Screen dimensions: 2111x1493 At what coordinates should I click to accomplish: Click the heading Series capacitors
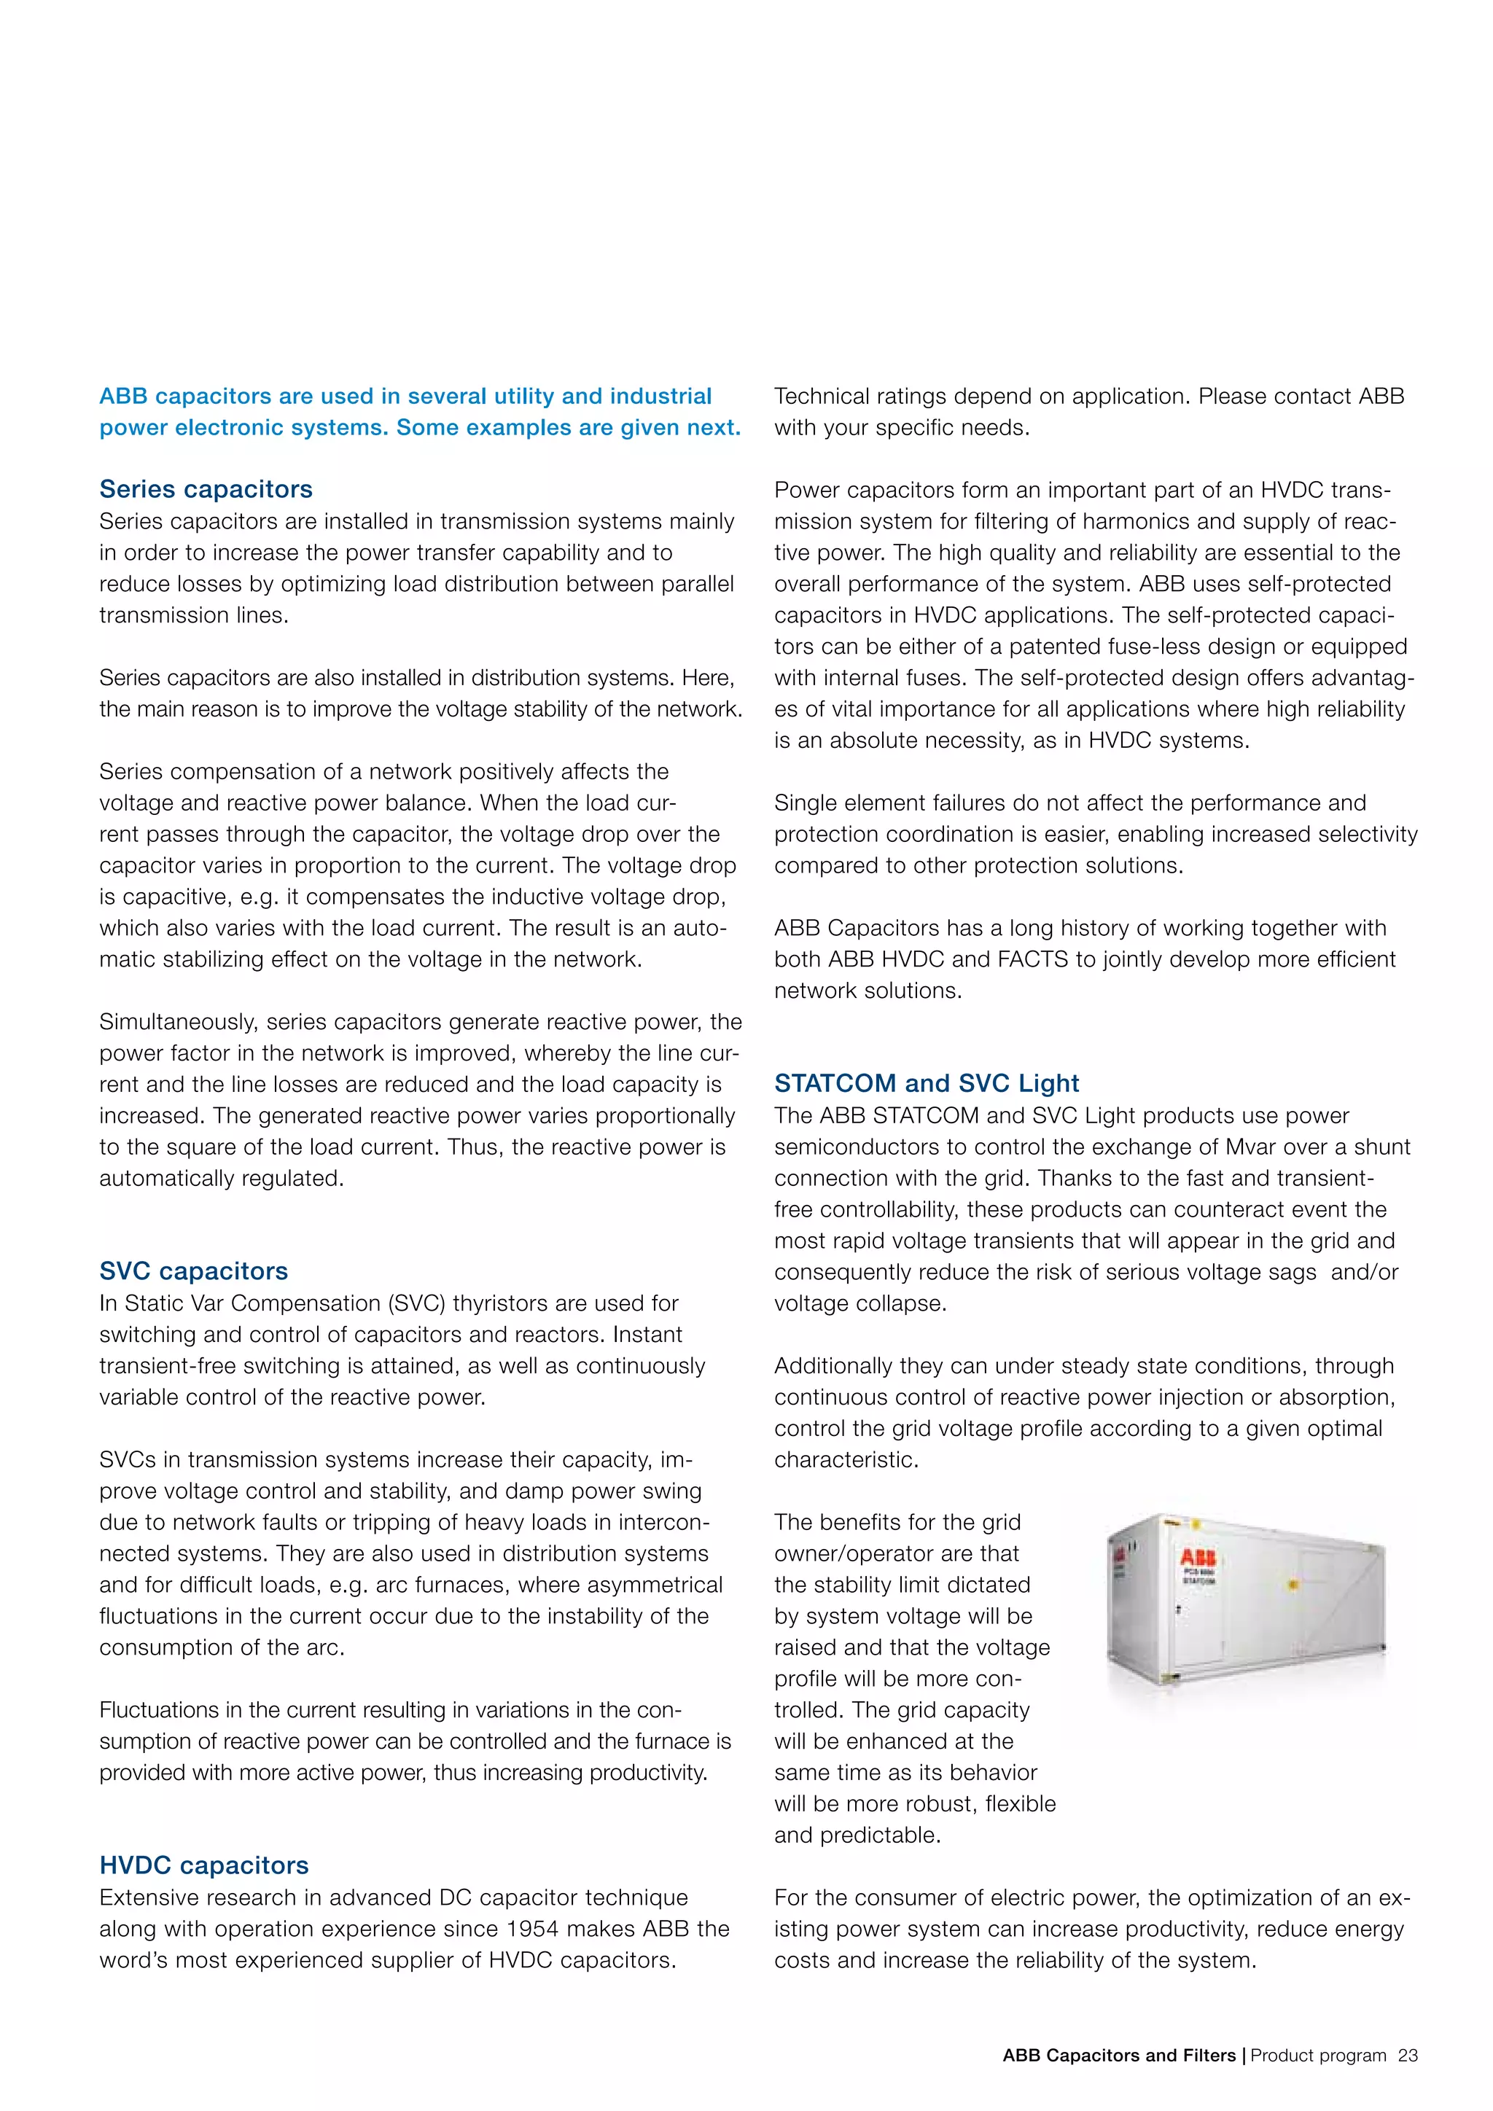tap(206, 489)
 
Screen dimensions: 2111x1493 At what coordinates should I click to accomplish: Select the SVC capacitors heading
tap(193, 1271)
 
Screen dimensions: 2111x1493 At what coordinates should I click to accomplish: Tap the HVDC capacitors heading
tap(204, 1865)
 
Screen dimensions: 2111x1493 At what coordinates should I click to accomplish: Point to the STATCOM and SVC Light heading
tap(926, 1083)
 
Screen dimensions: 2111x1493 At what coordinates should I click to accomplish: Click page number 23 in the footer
tap(1408, 2056)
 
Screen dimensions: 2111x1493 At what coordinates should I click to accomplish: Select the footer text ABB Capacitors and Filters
tap(1119, 2056)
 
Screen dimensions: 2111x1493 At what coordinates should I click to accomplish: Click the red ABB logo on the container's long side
tap(1198, 1558)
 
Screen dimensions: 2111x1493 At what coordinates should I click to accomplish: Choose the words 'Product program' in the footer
tap(1317, 2056)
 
